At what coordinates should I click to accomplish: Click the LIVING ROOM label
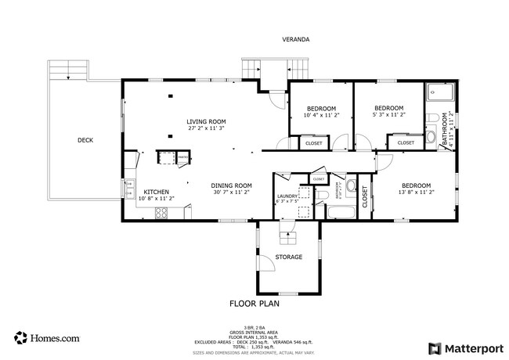click(x=206, y=121)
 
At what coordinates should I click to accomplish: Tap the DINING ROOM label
click(x=231, y=185)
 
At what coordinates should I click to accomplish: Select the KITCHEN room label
click(x=155, y=192)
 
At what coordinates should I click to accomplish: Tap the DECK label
click(x=85, y=141)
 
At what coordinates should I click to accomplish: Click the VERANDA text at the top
click(x=296, y=39)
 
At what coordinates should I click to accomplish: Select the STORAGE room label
click(x=288, y=257)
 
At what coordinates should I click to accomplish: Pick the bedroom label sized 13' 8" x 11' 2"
click(x=416, y=185)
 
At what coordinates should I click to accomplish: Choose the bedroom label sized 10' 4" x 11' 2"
click(x=321, y=108)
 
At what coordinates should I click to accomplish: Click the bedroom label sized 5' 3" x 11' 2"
click(x=388, y=108)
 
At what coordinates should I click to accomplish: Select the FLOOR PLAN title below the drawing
click(x=254, y=303)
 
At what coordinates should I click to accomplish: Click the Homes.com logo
click(x=46, y=338)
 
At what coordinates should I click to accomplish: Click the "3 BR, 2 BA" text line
click(x=254, y=327)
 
